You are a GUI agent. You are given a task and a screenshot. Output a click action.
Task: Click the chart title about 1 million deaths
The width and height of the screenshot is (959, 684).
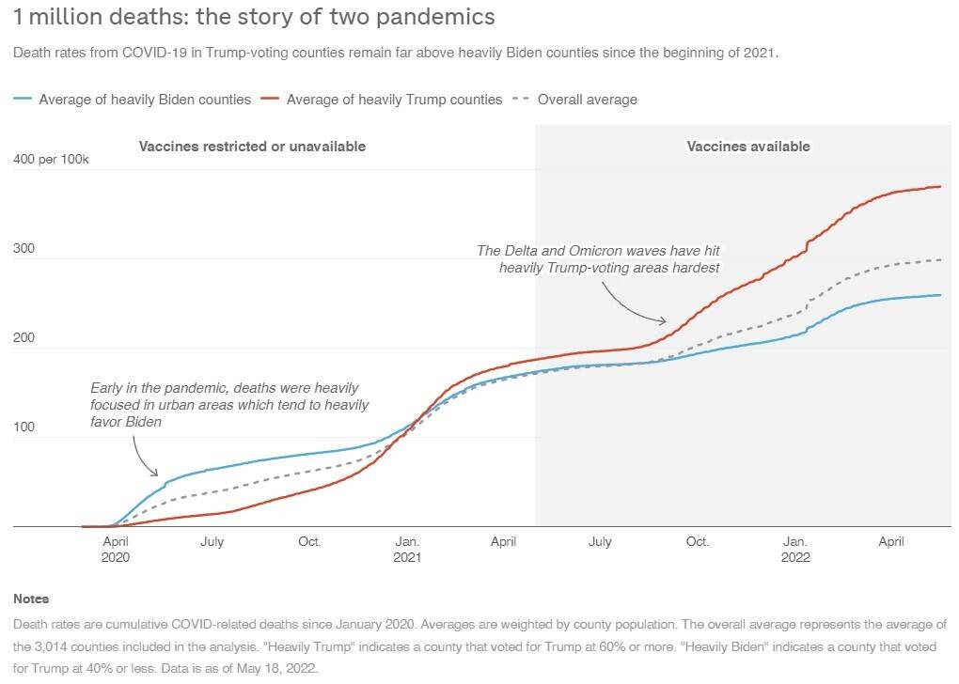click(x=254, y=17)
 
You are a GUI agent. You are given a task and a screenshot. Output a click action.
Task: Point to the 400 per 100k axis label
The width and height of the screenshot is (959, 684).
click(x=51, y=160)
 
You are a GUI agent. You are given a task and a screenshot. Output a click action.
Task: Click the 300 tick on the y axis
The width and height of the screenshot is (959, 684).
click(x=23, y=250)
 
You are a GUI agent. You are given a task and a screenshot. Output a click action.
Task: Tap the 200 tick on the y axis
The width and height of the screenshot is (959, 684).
click(x=23, y=339)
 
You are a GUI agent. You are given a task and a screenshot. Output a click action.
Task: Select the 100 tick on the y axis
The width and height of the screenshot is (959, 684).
click(x=23, y=428)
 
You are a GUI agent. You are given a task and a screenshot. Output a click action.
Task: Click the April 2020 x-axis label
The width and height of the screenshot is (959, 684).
click(x=116, y=549)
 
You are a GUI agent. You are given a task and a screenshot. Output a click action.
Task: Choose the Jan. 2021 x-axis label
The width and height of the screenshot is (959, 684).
click(x=407, y=549)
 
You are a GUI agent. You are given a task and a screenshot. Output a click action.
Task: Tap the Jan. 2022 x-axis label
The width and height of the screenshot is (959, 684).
click(x=795, y=549)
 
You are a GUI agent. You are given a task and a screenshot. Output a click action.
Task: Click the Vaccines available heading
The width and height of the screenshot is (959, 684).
click(x=748, y=147)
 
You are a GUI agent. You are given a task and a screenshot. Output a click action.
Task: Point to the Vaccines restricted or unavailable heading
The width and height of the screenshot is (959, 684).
click(x=252, y=147)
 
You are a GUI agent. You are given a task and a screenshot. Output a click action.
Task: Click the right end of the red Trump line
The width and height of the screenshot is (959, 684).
click(x=940, y=186)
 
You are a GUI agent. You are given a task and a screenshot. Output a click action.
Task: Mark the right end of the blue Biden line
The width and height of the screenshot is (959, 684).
click(x=940, y=295)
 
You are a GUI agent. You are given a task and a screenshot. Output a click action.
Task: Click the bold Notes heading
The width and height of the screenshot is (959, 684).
click(x=31, y=598)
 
